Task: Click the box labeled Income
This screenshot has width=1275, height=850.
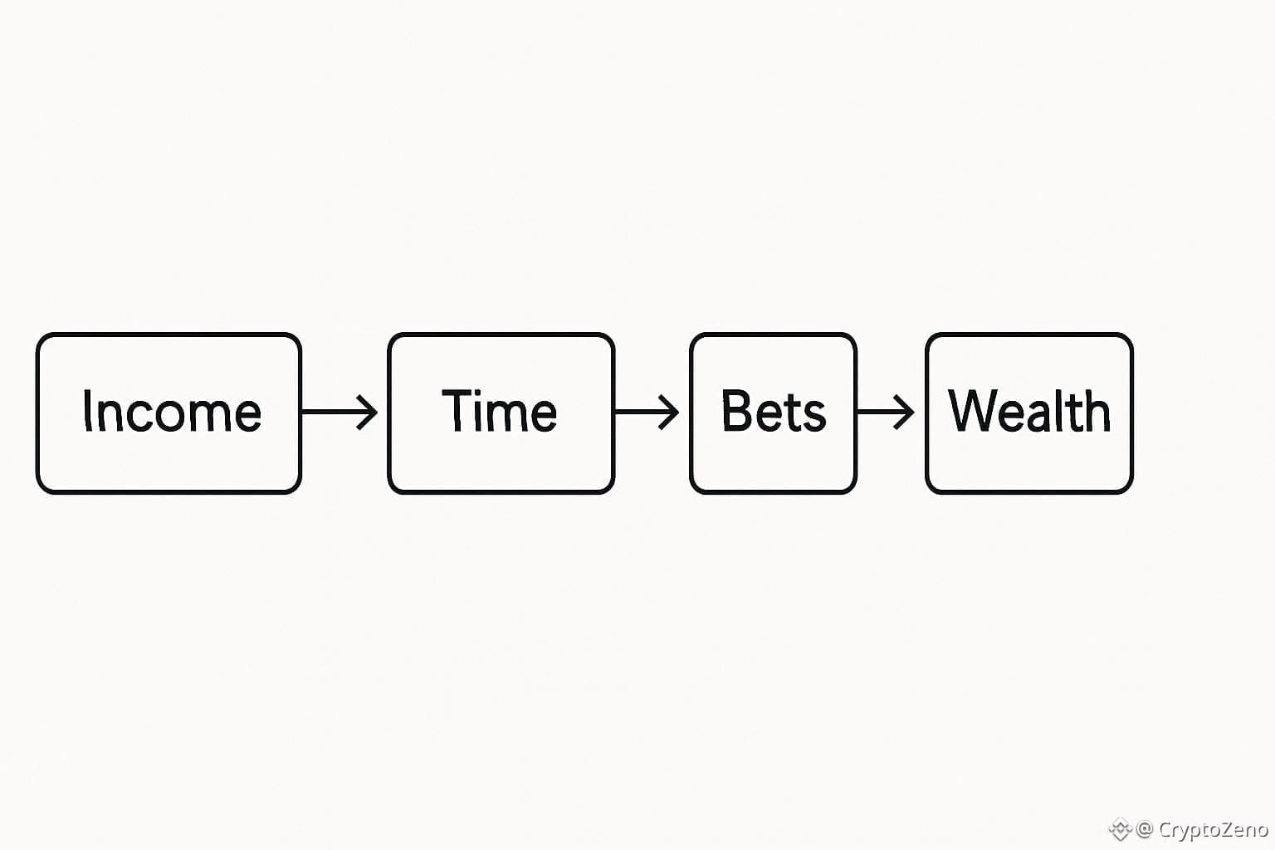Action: click(x=169, y=413)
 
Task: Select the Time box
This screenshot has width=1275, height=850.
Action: click(x=501, y=413)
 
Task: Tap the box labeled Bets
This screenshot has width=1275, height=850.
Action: click(x=773, y=413)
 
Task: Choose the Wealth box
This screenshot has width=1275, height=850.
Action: click(x=1029, y=413)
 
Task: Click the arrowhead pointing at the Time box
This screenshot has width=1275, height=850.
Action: click(x=369, y=412)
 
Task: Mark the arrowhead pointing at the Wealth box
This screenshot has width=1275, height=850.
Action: click(x=907, y=412)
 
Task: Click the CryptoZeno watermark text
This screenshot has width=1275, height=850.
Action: click(x=1213, y=829)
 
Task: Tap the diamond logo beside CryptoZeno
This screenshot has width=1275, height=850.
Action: click(x=1120, y=829)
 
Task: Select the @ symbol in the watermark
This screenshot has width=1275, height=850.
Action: click(x=1145, y=829)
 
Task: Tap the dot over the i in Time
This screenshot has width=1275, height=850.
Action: click(x=481, y=393)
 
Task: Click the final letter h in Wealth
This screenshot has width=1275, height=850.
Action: click(x=1097, y=411)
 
